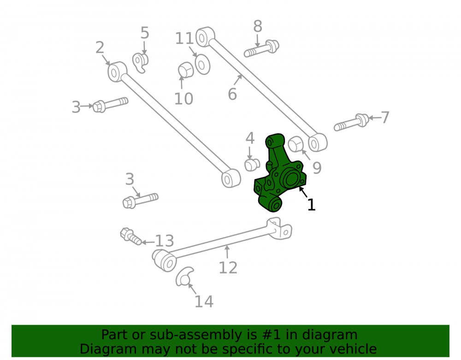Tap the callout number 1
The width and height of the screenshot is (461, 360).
coord(311,205)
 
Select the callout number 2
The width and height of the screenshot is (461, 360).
coord(100,47)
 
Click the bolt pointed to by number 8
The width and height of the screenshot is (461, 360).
coord(261,48)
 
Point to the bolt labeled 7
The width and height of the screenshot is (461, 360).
coord(351,122)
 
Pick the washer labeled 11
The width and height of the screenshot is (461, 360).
coord(202,65)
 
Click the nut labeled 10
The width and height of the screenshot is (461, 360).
coord(186,70)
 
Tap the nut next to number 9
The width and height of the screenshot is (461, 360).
coord(296,144)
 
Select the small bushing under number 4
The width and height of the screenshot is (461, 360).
coord(252,165)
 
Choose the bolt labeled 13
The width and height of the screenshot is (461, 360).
coord(131,236)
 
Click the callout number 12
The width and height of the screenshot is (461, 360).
coord(228,268)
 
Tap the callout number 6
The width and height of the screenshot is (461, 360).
coord(232,94)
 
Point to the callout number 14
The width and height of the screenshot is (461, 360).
coord(204,301)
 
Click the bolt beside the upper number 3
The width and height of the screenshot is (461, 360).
coord(111,105)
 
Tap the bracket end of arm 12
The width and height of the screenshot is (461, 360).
coord(280,228)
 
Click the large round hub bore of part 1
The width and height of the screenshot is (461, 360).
coord(291,179)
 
